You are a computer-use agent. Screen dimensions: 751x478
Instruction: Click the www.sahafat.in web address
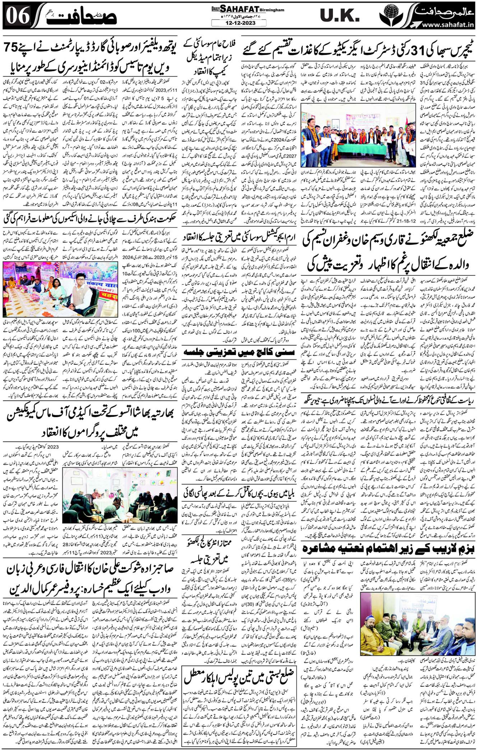click(x=446, y=24)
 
